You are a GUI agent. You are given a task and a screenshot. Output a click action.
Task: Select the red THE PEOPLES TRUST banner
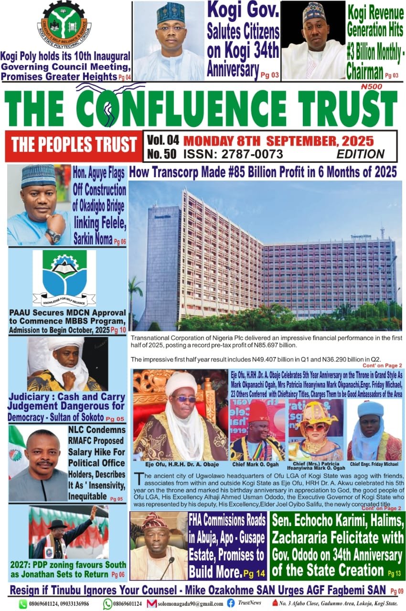tap(74, 145)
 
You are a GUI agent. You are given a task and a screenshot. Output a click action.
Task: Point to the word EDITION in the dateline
tap(360, 154)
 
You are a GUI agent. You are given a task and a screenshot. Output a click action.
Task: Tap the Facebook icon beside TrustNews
tap(231, 603)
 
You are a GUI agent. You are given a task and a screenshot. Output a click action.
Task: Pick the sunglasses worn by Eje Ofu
tap(184, 399)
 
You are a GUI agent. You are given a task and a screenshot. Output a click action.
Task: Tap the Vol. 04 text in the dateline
tap(163, 140)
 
